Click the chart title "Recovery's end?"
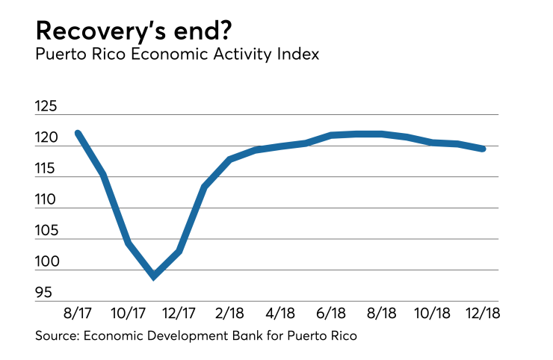point(137,31)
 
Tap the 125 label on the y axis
point(46,107)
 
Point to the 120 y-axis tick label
point(46,138)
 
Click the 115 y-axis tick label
point(46,170)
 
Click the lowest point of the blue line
point(154,276)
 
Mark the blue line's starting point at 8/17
point(78,133)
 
